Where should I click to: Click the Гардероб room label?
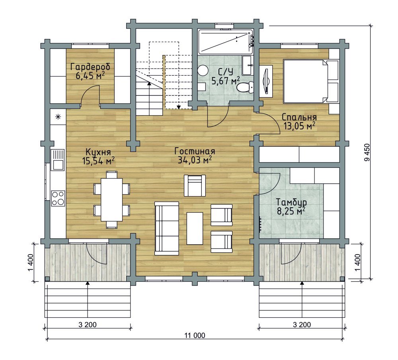[90, 67]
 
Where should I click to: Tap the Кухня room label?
[98, 152]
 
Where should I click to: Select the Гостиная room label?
[195, 151]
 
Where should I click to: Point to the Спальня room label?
[299, 117]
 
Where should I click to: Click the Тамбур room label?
[291, 202]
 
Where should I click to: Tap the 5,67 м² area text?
[226, 81]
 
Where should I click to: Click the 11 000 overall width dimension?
[195, 336]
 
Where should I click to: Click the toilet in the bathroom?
[245, 88]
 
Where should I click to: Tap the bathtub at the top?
[225, 42]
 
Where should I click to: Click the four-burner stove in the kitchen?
[58, 198]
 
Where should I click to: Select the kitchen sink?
[58, 160]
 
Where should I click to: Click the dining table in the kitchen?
[112, 200]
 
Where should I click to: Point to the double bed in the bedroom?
[311, 81]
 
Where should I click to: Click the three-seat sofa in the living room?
[167, 228]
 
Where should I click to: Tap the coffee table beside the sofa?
[195, 228]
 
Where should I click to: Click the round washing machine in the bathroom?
[203, 70]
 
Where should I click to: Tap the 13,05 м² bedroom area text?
[299, 126]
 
